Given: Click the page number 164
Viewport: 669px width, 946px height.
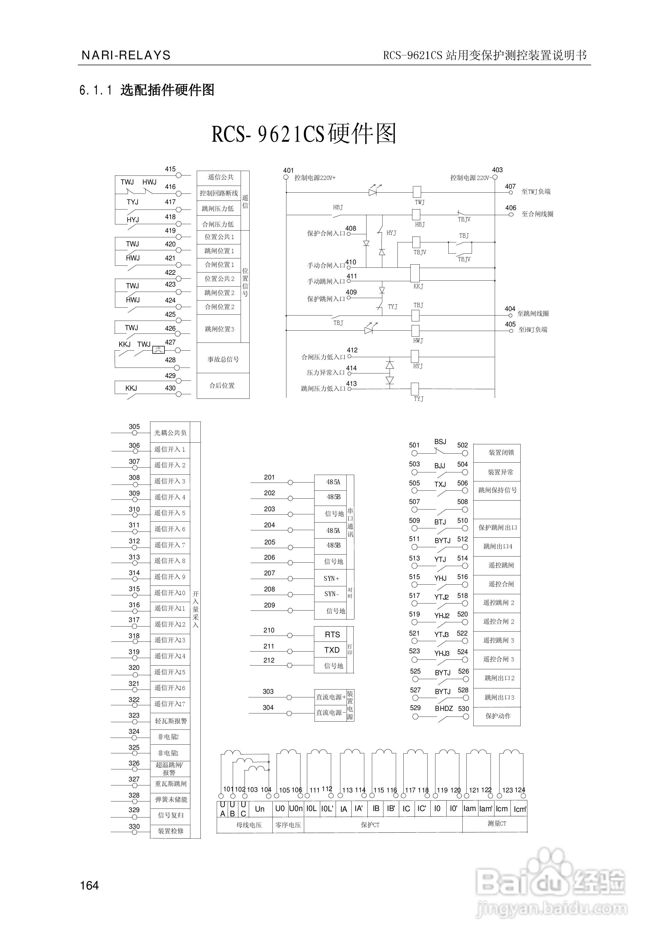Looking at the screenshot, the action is pos(89,885).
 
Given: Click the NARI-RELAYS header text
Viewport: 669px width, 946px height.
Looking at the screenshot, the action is pos(126,55).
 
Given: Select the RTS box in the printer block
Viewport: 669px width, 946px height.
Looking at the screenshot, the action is pos(332,634).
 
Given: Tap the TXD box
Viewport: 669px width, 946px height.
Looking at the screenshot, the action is pos(332,650).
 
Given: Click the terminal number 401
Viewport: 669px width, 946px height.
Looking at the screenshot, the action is pos(288,170).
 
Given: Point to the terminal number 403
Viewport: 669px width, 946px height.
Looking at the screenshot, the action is pos(497,170).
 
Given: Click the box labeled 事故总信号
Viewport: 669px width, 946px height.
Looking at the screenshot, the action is pos(223,359).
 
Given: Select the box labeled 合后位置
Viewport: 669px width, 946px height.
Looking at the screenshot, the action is pos(223,386).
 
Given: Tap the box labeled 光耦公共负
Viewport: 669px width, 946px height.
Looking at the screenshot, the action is pos(170,433).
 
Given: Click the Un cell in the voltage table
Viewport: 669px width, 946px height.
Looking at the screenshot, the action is pos(259,809).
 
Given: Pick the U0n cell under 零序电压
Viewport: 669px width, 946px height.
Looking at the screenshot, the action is pos(296,808).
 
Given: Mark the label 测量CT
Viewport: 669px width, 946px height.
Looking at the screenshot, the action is pos(496,823).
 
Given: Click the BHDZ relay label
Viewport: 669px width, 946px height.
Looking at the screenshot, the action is pos(444,708).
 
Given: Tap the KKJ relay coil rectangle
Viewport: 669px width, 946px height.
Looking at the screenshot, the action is pos(415,274).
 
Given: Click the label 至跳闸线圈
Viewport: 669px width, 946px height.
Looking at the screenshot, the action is pos(533,314).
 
